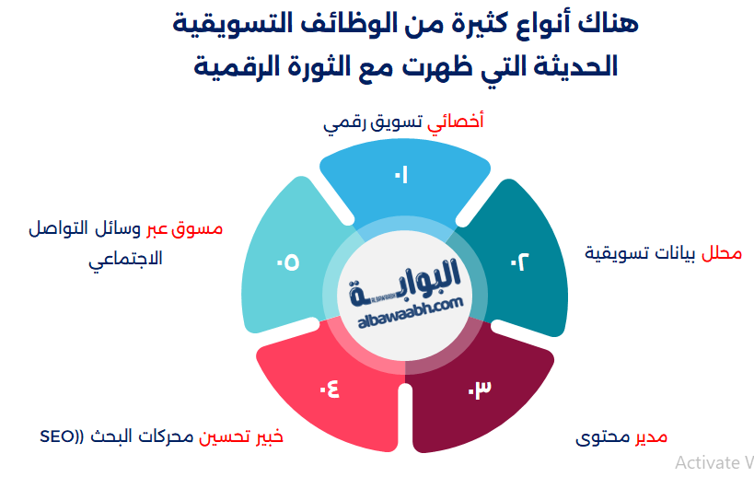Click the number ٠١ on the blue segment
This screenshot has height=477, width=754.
401,174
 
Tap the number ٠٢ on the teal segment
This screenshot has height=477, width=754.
520,262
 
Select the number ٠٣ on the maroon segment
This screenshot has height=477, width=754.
479,390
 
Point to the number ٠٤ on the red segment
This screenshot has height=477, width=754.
329,389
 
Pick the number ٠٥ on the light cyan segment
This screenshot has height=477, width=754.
287,262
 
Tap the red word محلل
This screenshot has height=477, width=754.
722,251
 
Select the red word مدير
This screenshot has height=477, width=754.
649,436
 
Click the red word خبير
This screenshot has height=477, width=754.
265,436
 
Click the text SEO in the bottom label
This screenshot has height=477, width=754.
58,436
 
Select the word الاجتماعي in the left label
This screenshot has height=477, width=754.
125,259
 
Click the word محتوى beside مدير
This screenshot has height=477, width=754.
602,436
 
